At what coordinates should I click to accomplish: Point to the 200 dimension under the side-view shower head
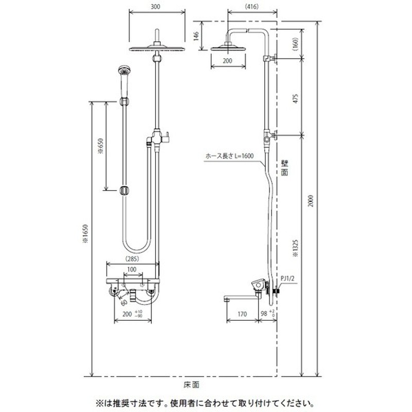227,60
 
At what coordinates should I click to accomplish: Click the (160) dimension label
295,44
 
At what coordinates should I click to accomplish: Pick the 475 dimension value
295,98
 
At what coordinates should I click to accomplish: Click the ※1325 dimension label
295,248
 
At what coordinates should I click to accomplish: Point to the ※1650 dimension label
86,236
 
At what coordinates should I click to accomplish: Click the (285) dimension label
132,259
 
